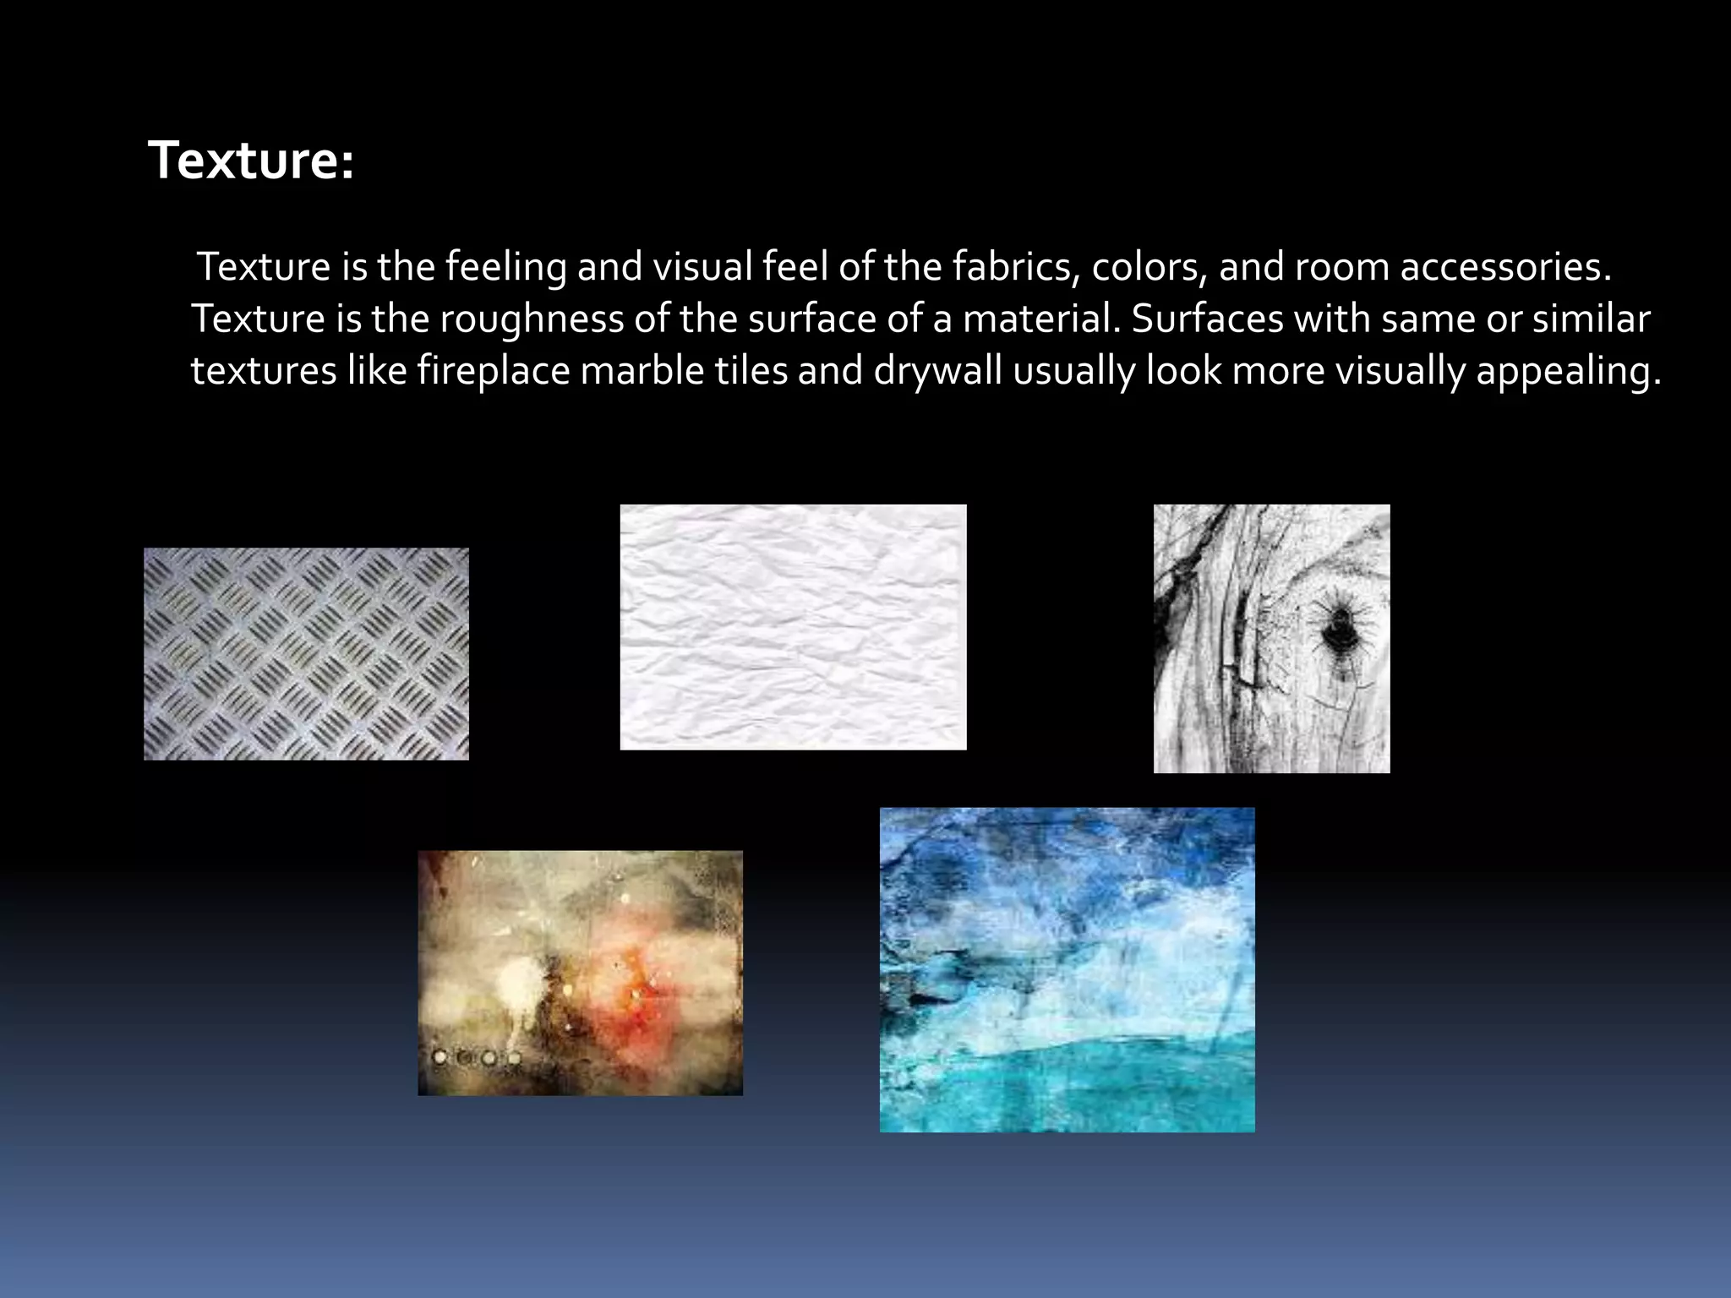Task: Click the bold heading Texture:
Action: (251, 160)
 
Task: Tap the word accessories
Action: (1505, 267)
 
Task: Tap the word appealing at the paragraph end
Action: (1569, 371)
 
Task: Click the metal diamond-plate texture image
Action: (306, 654)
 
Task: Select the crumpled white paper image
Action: (793, 627)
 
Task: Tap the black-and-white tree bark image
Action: (1271, 639)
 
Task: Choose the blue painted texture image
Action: (1067, 970)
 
